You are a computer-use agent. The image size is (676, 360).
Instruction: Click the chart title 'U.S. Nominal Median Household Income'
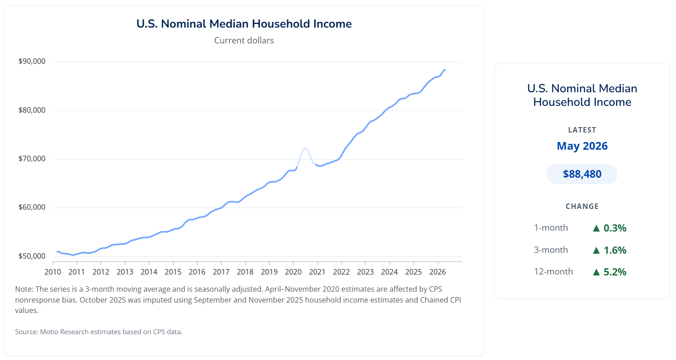coord(244,24)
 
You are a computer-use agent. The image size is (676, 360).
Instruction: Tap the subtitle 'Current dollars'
coord(244,40)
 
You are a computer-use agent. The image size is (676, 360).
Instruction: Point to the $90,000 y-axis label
coord(32,61)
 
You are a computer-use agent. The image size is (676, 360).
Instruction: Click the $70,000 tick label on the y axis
coord(32,159)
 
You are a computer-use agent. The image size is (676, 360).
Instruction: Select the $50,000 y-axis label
coord(32,256)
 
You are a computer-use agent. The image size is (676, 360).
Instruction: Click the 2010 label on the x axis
coord(53,272)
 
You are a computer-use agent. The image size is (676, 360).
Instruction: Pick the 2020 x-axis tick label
coord(293,272)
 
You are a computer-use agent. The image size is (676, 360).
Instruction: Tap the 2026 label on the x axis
coord(438,272)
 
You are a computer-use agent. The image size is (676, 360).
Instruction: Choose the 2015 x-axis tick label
coord(173,272)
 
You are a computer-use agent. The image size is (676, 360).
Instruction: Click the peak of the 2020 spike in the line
coord(305,148)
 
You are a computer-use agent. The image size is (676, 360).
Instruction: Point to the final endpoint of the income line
coord(445,70)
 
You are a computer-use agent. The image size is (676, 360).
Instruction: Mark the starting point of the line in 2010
coord(57,251)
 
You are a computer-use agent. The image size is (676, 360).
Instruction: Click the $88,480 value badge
coord(582,174)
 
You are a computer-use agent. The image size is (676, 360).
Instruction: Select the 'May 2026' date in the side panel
coord(582,146)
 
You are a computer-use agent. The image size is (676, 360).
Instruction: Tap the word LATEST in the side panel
coord(582,130)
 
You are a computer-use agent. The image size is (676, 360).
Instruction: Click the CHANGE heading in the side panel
coord(582,206)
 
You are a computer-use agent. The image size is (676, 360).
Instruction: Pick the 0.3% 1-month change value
coord(615,228)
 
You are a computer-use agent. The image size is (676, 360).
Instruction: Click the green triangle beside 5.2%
coord(596,272)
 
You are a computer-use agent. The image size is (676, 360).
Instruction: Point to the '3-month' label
coord(551,250)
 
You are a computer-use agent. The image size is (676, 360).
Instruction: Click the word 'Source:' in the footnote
coord(27,332)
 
